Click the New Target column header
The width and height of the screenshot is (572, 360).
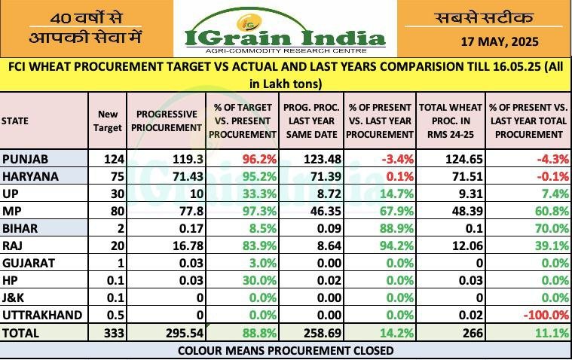pyautogui.click(x=107, y=121)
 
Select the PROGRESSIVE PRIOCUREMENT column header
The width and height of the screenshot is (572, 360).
pyautogui.click(x=167, y=121)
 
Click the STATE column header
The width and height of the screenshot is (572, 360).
pyautogui.click(x=16, y=121)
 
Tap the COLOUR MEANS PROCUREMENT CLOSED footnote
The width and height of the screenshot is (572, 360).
pyautogui.click(x=286, y=351)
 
